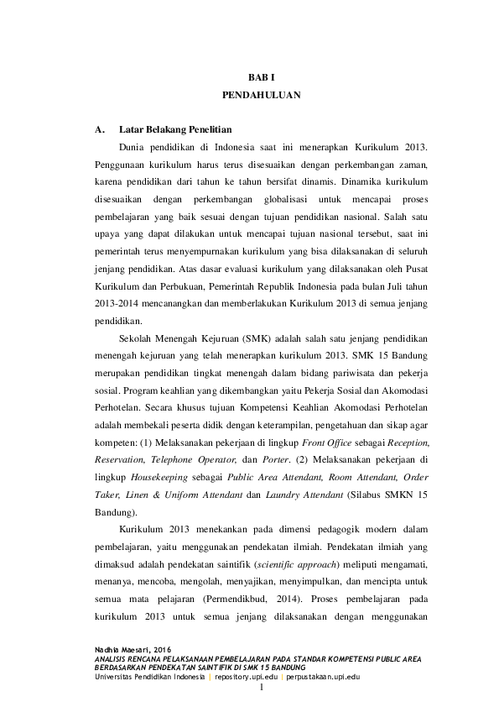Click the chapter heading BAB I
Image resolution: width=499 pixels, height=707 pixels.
tap(261, 76)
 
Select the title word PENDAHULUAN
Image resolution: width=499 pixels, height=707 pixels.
tap(261, 96)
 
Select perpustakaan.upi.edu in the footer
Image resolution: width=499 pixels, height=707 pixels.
tap(323, 676)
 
